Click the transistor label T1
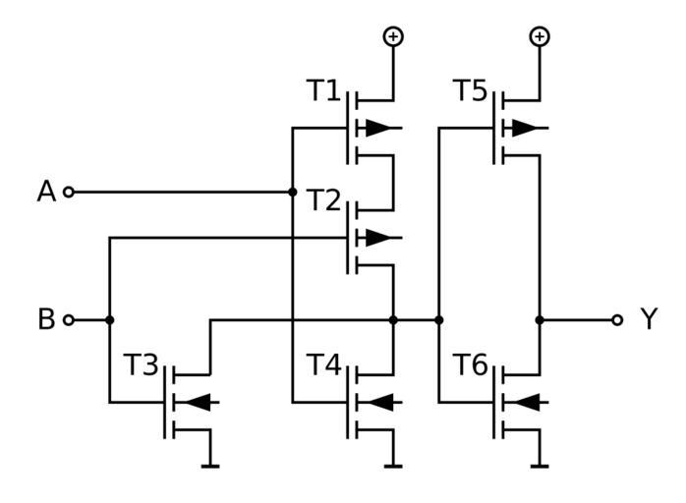[x=322, y=91]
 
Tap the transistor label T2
[x=322, y=201]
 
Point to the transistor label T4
[x=322, y=365]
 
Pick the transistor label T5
[x=469, y=91]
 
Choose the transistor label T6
[x=469, y=365]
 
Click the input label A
[x=46, y=192]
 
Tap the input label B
[x=46, y=319]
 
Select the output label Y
[x=648, y=319]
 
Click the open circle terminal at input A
[x=69, y=192]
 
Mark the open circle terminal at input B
[x=69, y=319]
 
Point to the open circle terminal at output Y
[x=616, y=319]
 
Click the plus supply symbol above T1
[x=393, y=36]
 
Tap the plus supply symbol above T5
[x=539, y=36]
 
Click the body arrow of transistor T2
[x=378, y=237]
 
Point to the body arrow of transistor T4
[x=379, y=401]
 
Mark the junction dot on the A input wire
[x=293, y=192]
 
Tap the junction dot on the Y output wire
[x=539, y=319]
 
